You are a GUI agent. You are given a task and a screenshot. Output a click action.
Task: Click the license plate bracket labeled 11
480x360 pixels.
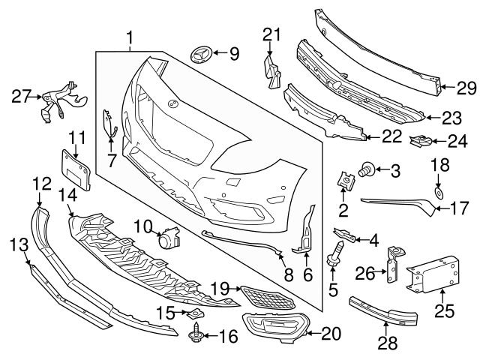click(75, 171)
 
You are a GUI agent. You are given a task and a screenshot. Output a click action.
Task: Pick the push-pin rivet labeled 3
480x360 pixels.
click(368, 169)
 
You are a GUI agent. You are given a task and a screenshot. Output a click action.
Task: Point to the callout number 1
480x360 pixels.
click(130, 36)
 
